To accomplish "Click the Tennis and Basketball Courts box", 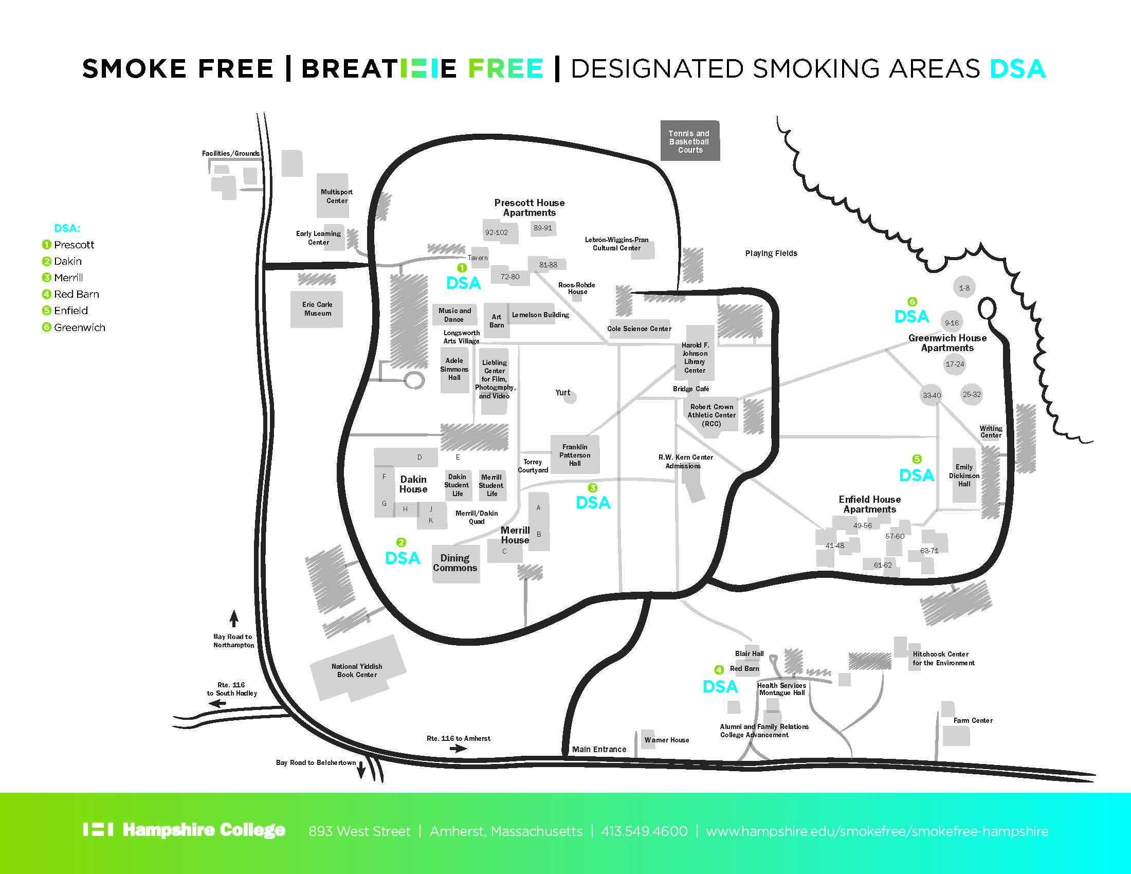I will tap(690, 141).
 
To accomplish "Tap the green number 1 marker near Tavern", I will tap(462, 268).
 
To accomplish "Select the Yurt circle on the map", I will tap(570, 397).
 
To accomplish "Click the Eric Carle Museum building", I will tap(317, 309).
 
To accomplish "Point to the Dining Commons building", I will tap(455, 563).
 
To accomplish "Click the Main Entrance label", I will tap(598, 749).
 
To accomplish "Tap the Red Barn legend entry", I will tap(76, 294).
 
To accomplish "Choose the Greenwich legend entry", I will tap(79, 327).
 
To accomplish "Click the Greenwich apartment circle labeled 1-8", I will tap(964, 287).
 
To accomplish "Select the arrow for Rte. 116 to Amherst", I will tap(458, 748).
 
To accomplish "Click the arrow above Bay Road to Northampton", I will tap(234, 618).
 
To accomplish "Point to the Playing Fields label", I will tap(771, 253).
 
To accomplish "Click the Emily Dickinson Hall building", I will tap(964, 476).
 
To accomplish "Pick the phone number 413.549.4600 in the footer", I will tap(644, 831).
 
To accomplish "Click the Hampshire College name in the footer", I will tap(204, 830).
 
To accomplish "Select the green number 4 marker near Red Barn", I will tap(719, 669).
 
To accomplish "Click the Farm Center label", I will tap(973, 720).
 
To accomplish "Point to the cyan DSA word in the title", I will tap(1017, 69).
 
